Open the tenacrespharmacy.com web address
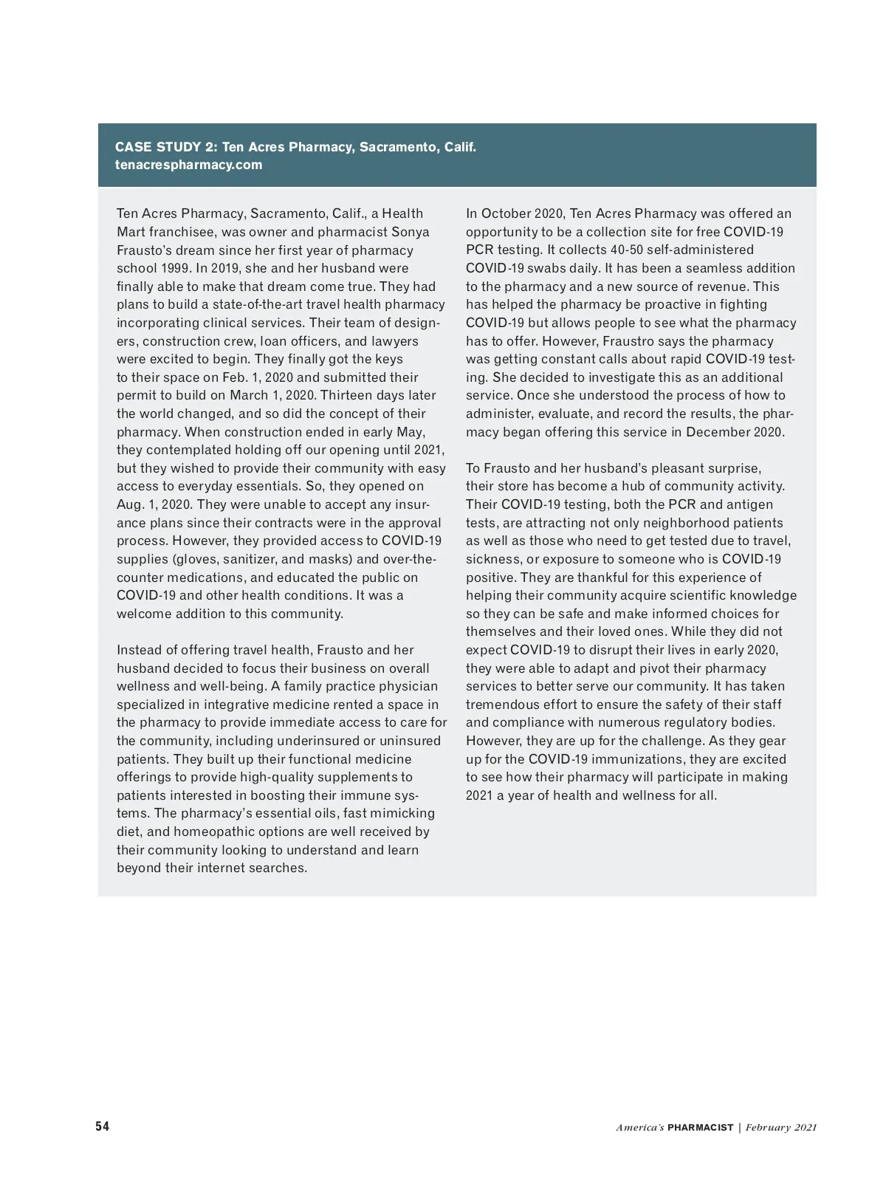point(188,165)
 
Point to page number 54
point(102,1126)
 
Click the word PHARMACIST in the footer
point(700,1128)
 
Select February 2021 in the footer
point(780,1128)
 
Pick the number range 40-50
point(626,250)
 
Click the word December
point(714,432)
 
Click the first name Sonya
point(410,232)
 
